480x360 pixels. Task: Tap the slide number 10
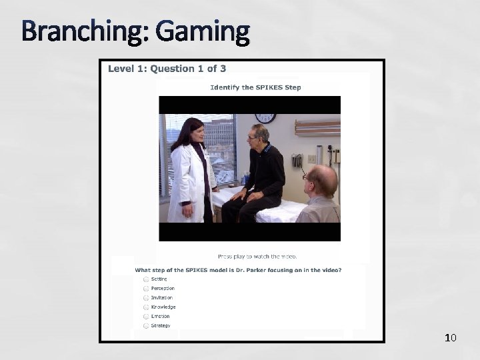(x=450, y=338)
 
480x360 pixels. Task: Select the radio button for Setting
(x=145, y=279)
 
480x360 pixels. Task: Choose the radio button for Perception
(x=145, y=289)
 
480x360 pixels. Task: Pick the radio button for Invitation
(x=145, y=298)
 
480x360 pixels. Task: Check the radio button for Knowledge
(x=145, y=307)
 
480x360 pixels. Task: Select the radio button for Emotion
(x=145, y=317)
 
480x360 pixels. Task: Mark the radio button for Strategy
(x=145, y=326)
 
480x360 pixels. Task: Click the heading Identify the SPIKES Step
(x=255, y=87)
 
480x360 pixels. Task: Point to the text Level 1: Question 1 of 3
(x=167, y=68)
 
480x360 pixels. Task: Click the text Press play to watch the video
(x=257, y=256)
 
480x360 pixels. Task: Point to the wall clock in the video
(x=265, y=118)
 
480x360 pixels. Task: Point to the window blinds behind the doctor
(x=220, y=150)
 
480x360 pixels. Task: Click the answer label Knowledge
(x=163, y=307)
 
